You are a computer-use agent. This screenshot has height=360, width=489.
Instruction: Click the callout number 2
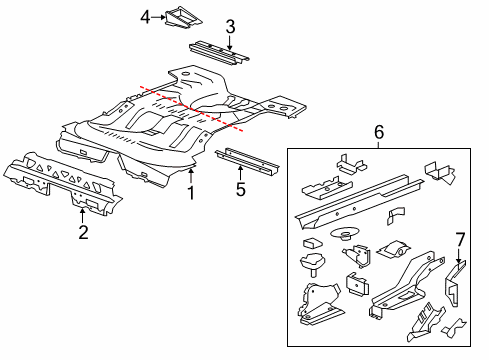click(83, 233)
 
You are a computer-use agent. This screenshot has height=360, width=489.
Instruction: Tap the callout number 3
click(230, 27)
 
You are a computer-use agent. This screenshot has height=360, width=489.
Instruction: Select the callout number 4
click(146, 17)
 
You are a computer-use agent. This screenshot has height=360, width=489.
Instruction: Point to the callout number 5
click(240, 188)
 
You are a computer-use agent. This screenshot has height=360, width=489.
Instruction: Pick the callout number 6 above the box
click(378, 132)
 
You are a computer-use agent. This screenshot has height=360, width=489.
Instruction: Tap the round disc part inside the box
click(347, 238)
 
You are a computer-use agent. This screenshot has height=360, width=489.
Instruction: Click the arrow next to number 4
click(160, 17)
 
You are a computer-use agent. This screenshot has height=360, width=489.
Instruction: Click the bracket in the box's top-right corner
click(439, 171)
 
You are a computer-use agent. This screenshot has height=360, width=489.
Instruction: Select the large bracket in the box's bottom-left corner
click(318, 301)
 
